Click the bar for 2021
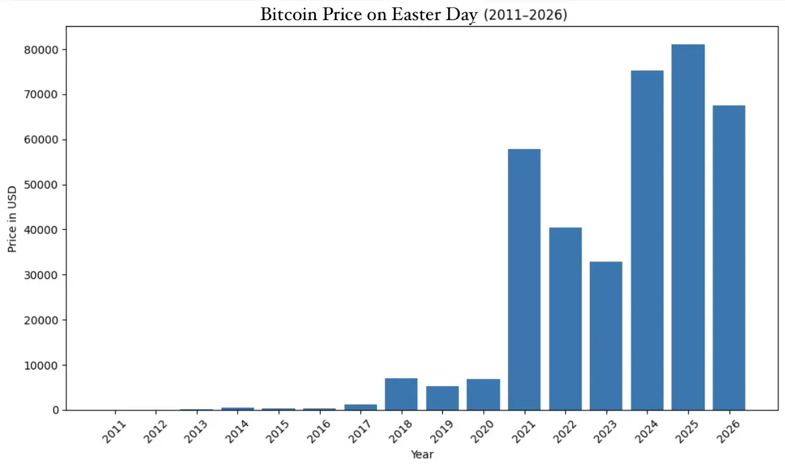coord(524,279)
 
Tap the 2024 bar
coord(647,240)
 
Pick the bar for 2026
coord(729,257)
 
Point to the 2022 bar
coord(565,318)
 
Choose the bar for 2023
coord(606,335)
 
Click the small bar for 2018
coord(401,394)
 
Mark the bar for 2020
coord(483,394)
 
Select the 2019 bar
coord(442,398)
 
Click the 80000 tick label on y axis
coord(45,50)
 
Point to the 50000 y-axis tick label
coord(45,185)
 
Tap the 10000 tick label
coord(45,365)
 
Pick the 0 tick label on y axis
coord(56,410)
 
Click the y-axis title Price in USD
coord(12,218)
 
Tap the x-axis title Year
coord(422,455)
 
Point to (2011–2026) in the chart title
coord(525,15)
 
